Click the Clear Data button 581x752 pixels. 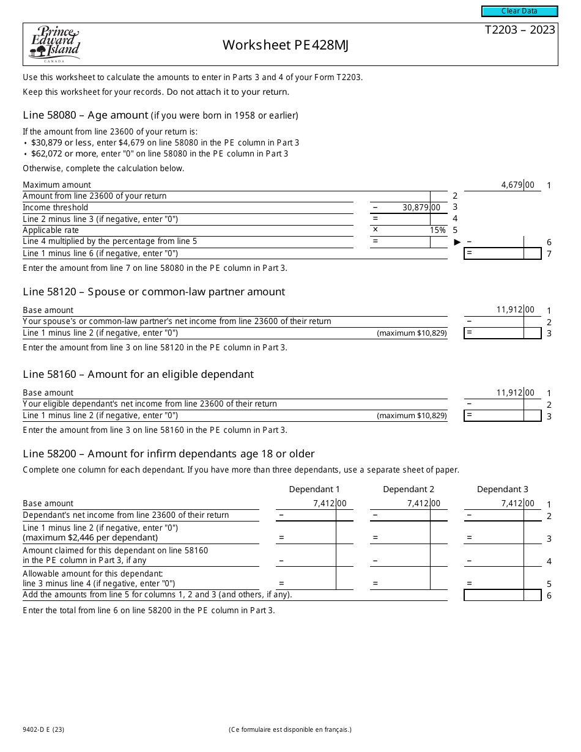click(x=519, y=11)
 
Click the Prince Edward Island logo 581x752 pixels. click(x=54, y=44)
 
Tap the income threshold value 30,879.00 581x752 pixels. click(x=421, y=208)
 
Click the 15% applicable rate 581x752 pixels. click(x=437, y=230)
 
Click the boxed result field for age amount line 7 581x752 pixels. click(x=502, y=253)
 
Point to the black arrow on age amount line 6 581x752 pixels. click(x=457, y=242)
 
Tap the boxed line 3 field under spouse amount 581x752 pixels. click(x=502, y=333)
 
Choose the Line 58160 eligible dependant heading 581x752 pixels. click(x=138, y=374)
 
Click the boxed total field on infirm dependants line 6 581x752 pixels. click(x=502, y=595)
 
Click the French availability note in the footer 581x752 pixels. click(x=290, y=729)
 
